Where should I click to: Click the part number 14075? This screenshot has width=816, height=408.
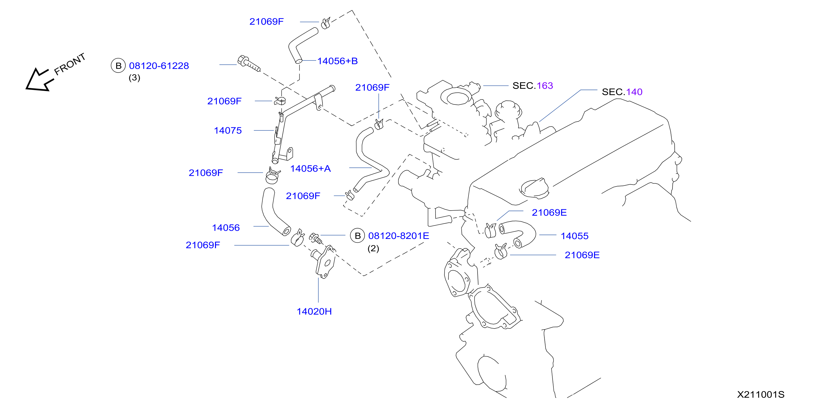[x=227, y=130]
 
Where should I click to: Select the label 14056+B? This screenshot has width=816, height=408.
[x=337, y=61]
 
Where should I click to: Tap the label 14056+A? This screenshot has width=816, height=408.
[x=310, y=169]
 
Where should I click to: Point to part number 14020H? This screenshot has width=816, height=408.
[x=314, y=311]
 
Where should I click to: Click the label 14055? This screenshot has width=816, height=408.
[x=574, y=236]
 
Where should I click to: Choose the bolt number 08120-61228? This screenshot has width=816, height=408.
[x=159, y=66]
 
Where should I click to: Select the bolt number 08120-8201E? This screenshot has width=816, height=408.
[x=398, y=236]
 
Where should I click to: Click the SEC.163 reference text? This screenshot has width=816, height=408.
[x=533, y=86]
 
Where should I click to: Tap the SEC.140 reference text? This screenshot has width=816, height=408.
[x=622, y=92]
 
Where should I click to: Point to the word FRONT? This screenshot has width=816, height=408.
[x=70, y=64]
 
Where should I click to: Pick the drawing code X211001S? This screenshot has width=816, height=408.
[x=760, y=394]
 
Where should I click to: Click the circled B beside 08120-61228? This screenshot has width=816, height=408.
[x=118, y=65]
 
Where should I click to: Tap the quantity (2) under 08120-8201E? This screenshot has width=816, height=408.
[x=373, y=248]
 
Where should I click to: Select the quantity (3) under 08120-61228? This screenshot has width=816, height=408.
[x=134, y=78]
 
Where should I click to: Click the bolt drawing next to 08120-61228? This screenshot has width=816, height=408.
[x=248, y=63]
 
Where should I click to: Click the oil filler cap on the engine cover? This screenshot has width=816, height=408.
[x=534, y=189]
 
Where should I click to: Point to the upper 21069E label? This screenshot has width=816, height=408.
[x=549, y=213]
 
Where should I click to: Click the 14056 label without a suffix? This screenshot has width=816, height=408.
[x=225, y=228]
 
